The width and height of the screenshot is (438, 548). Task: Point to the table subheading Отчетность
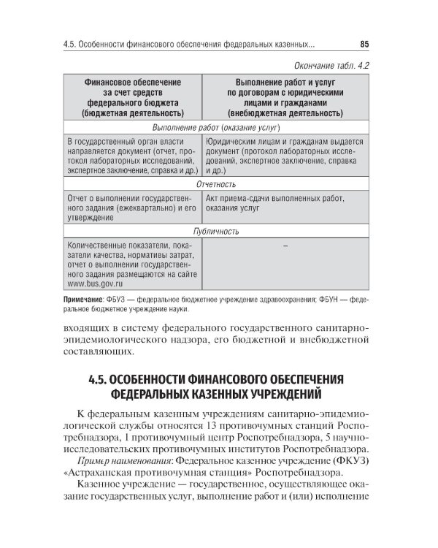[x=217, y=185]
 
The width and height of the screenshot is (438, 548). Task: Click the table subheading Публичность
[x=217, y=231]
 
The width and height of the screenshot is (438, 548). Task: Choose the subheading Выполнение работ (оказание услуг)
[x=217, y=128]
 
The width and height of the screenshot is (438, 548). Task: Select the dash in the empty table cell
[x=285, y=246]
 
